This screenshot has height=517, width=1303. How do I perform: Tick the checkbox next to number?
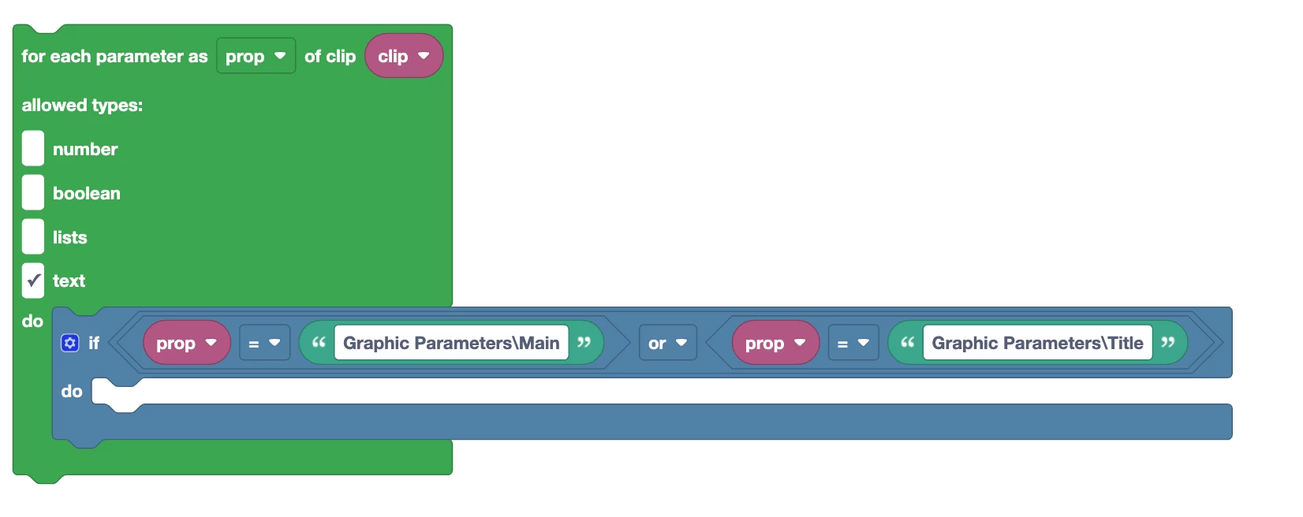pos(33,149)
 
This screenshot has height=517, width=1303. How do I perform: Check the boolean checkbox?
pos(33,193)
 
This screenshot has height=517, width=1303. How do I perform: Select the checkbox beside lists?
pos(33,237)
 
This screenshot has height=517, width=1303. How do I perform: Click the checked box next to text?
pos(33,281)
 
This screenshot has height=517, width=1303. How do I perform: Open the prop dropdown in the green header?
pos(256,56)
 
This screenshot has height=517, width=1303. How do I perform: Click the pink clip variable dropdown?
pos(403,56)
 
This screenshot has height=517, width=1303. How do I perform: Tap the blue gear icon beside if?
pos(70,343)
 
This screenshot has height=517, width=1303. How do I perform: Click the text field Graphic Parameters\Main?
pos(451,343)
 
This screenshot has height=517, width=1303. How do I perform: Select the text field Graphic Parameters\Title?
pos(1037,343)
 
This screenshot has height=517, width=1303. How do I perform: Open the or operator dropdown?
pos(667,343)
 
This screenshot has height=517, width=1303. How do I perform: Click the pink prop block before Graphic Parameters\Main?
pos(186,343)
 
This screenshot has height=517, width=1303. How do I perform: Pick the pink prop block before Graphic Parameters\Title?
pos(775,343)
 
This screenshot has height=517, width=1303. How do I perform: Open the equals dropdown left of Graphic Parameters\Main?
pos(264,343)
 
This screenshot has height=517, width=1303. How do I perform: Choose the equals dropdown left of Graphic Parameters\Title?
pos(853,343)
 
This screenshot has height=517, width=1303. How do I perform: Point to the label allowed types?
pos(82,105)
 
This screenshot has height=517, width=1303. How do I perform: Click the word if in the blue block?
pos(94,343)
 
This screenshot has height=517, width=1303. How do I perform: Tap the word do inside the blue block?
pos(72,391)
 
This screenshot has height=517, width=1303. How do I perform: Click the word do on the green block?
pos(32,321)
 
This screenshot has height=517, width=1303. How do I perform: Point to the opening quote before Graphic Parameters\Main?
pos(319,343)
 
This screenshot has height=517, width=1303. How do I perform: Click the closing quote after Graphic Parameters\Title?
pos(1168,343)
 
